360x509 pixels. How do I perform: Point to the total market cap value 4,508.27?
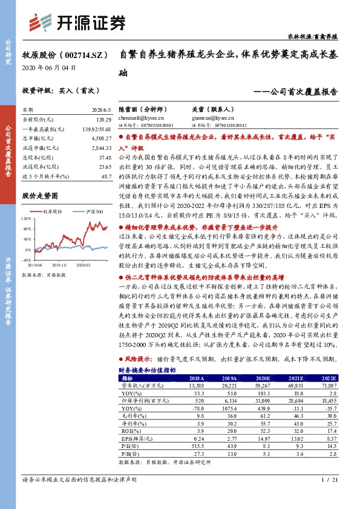click(100, 138)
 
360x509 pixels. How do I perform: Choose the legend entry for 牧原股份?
click(49, 212)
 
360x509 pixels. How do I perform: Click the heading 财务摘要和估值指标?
click(147, 369)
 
